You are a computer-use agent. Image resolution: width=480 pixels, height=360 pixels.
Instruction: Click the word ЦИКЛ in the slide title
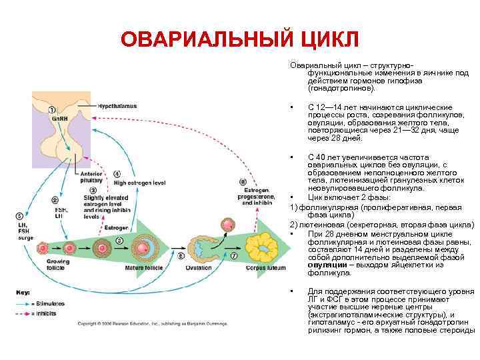[318, 39]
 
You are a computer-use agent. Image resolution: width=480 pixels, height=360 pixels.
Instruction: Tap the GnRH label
[59, 118]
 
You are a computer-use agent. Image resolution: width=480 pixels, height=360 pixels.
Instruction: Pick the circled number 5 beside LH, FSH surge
[20, 216]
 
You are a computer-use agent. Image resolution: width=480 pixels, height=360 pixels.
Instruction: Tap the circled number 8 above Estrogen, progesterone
[243, 181]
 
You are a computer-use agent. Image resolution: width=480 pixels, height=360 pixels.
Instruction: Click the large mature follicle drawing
[143, 246]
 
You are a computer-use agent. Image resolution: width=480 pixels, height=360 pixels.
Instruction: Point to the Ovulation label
[200, 268]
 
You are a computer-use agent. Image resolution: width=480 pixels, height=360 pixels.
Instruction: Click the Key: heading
[24, 292]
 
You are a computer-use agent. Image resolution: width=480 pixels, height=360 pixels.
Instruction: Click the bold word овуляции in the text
[327, 265]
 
